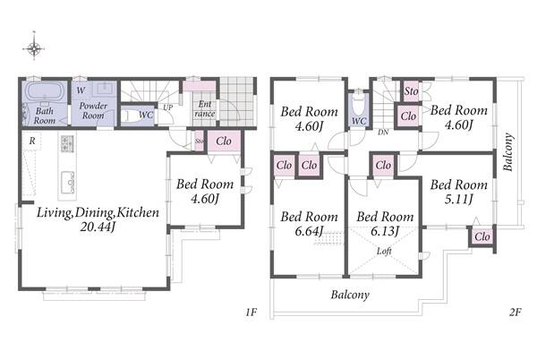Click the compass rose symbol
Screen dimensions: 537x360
coord(34,48)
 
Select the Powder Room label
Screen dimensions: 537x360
coord(93,110)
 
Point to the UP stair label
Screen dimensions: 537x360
coord(168,107)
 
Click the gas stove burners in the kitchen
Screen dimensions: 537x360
coord(67,143)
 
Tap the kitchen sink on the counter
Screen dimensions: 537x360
coord(68,182)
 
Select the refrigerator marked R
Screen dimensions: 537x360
coord(32,141)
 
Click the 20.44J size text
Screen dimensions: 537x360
coord(98,227)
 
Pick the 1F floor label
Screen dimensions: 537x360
coord(251,312)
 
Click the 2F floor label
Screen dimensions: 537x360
coord(515,312)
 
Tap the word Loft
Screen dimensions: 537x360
coord(384,251)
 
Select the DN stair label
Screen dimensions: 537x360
coord(383,132)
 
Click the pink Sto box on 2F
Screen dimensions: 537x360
coord(411,91)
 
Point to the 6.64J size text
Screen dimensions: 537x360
coord(309,231)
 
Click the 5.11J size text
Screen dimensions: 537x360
coord(458,199)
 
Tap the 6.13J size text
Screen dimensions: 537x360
coord(385,231)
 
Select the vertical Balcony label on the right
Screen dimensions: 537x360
coord(508,151)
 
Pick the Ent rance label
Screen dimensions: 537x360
coord(205,109)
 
